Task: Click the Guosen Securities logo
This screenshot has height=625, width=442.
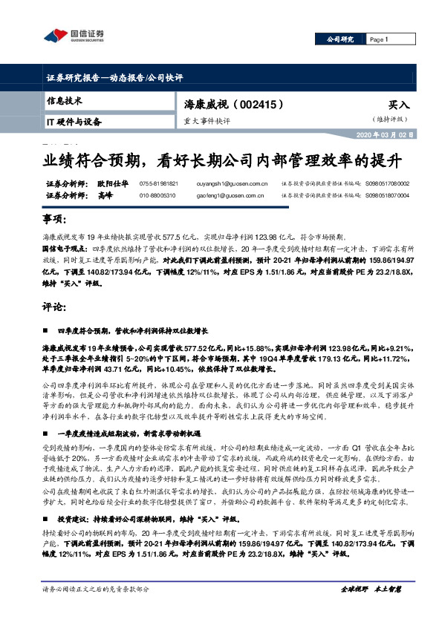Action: [74, 36]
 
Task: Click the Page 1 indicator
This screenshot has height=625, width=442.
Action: [379, 39]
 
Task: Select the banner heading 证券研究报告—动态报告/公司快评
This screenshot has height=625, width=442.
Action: [114, 78]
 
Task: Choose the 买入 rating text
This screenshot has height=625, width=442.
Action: [398, 106]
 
